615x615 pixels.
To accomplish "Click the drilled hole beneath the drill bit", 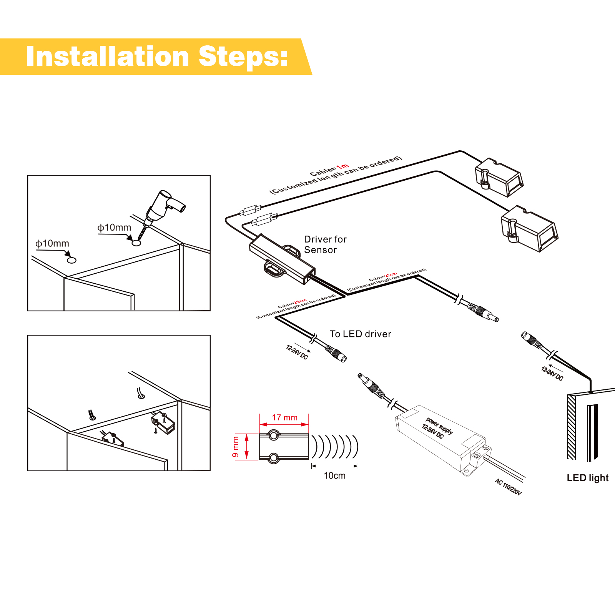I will coord(136,243).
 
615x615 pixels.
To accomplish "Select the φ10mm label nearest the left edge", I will coord(52,244).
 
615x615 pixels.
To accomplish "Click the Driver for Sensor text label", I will coord(325,244).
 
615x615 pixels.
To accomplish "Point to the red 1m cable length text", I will coord(342,166).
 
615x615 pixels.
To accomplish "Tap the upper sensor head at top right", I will coord(499,178).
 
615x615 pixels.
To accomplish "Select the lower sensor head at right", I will coord(529,229).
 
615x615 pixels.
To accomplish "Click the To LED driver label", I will coord(360,334).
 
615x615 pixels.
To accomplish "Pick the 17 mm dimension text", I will coord(284,417).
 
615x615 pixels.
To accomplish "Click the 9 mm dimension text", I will coord(235,447).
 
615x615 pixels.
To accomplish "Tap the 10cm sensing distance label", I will coord(334,476).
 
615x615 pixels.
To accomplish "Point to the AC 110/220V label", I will coord(508,487).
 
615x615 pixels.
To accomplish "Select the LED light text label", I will coord(587,478).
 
